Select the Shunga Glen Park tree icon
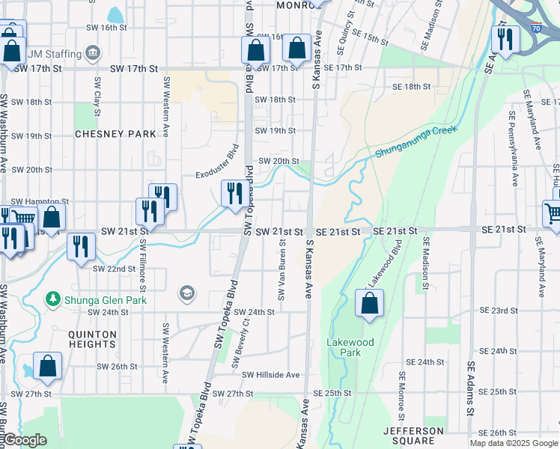click(x=53, y=299)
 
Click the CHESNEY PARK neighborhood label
click(x=115, y=134)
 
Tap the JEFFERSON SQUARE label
click(x=413, y=436)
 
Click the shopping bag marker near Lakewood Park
click(x=369, y=304)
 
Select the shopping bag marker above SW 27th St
click(x=47, y=367)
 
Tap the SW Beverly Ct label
click(x=240, y=343)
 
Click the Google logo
click(x=24, y=440)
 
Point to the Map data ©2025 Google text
click(x=514, y=443)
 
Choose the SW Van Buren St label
click(x=282, y=269)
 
